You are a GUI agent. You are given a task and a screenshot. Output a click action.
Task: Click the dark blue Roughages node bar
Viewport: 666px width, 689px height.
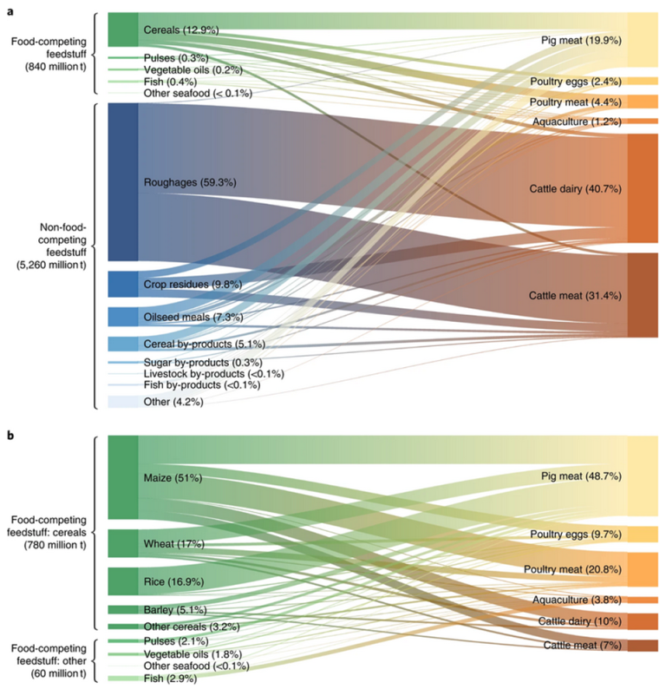122,181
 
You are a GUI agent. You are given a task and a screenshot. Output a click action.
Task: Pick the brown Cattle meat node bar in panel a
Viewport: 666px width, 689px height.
643,295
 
